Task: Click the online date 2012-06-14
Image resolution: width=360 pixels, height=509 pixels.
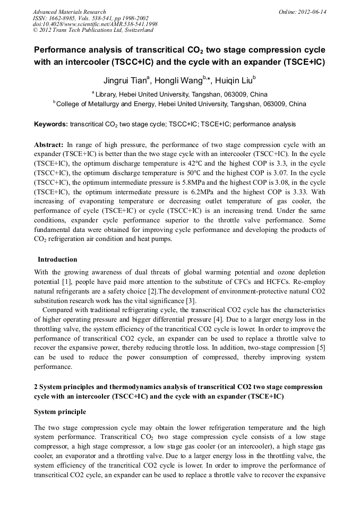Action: pos(313,12)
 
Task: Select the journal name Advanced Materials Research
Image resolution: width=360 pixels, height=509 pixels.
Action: pos(69,12)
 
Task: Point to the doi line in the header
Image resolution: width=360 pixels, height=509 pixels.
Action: pos(95,24)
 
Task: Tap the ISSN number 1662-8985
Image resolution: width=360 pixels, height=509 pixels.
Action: pos(68,18)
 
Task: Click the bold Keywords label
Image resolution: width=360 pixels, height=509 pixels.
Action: pos(50,124)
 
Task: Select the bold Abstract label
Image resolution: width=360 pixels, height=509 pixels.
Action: pos(49,144)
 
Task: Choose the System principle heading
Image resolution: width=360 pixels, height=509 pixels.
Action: pos(60,412)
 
